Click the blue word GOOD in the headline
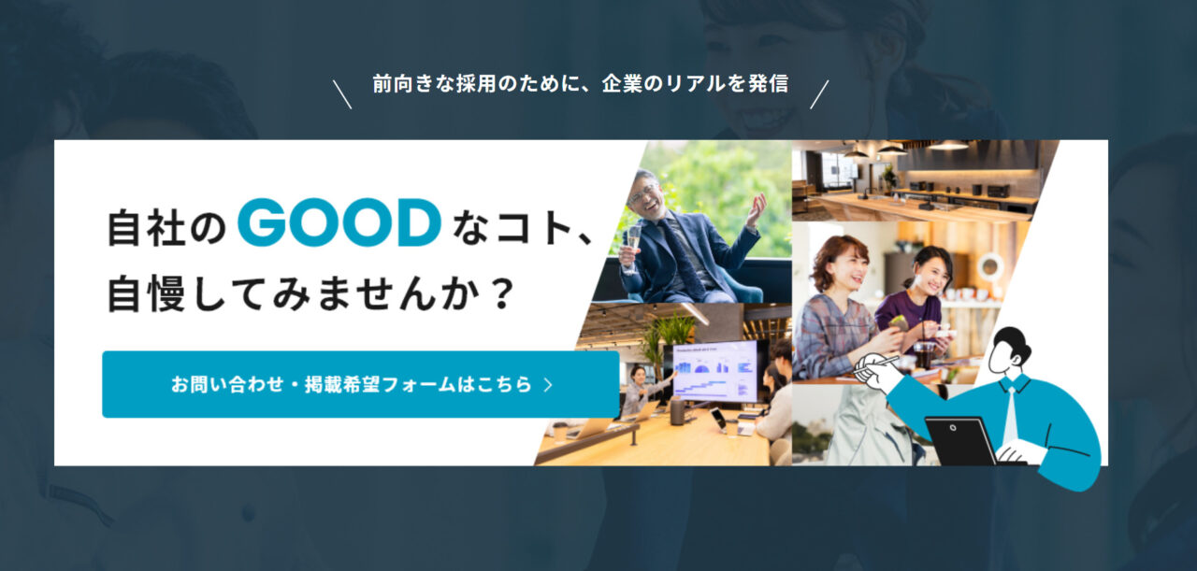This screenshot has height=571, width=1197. tap(339, 222)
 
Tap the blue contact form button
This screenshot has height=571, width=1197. tap(361, 384)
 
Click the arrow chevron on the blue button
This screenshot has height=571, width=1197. tap(548, 385)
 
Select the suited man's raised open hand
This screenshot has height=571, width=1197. tap(757, 208)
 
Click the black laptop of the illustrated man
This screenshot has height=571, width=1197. tap(960, 441)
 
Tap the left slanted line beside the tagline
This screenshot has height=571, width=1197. tap(342, 94)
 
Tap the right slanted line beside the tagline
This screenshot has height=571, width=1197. tap(819, 94)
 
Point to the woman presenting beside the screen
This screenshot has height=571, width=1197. tap(639, 390)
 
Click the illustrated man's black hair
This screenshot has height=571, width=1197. tap(1012, 341)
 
